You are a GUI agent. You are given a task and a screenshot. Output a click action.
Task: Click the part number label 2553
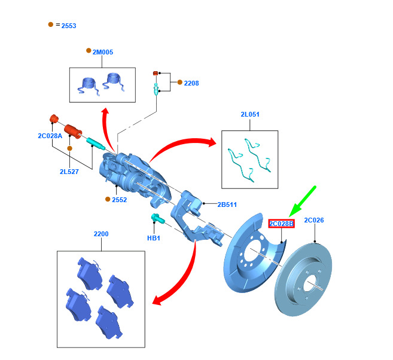coord(69,26)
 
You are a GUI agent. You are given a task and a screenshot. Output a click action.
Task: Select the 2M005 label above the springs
coord(102,52)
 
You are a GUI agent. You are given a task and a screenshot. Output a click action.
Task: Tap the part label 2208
coord(191,83)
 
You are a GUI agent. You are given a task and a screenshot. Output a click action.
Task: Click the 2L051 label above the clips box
coord(250,114)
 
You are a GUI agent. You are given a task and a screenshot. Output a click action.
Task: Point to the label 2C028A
coord(50,136)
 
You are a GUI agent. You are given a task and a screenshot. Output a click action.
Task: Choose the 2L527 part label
coord(69,172)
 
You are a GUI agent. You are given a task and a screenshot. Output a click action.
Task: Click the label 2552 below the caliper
coord(119,200)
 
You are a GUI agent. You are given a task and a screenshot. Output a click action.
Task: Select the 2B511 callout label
coord(227,205)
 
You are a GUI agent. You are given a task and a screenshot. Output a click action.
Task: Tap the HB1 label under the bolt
coord(154,238)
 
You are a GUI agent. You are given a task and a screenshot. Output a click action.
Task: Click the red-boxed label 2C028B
coord(282,224)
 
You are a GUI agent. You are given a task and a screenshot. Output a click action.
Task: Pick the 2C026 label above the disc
coord(313,220)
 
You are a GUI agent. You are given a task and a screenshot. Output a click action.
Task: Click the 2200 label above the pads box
coord(101,234)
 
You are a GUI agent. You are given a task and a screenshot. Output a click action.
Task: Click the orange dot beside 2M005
coord(89,51)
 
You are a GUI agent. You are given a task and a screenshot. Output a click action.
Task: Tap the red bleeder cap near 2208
coord(156,73)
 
